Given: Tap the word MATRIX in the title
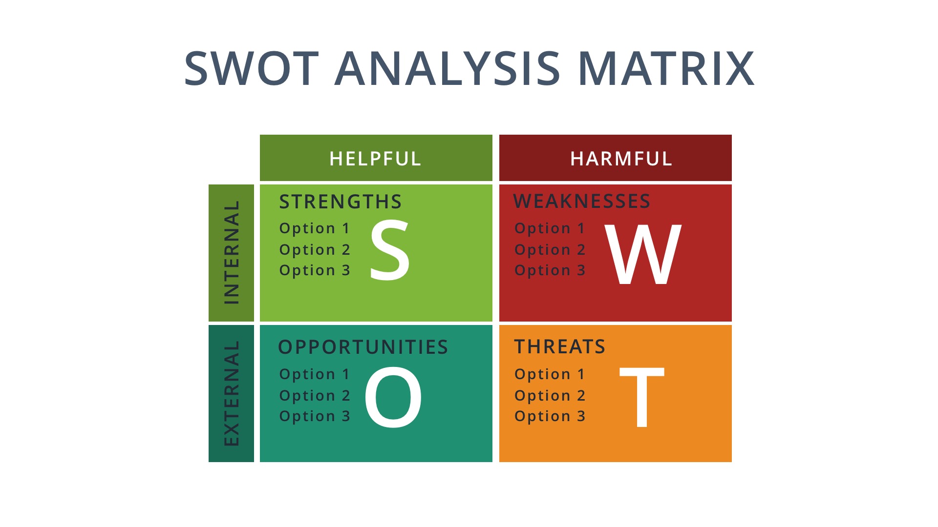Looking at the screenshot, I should (666, 69).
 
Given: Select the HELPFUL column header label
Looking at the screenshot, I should (375, 159).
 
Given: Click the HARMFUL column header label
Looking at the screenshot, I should (621, 159).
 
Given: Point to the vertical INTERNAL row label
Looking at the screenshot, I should (232, 252).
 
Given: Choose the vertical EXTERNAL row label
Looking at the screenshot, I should (232, 393).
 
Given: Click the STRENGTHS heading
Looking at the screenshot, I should (341, 202).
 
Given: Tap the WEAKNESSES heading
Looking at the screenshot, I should (582, 201).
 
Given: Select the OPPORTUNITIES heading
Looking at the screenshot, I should (363, 347).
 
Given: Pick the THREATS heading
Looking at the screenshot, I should (560, 346).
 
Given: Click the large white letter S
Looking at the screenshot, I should (389, 250).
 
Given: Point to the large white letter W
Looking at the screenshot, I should (642, 254).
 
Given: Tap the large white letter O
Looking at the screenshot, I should (393, 397).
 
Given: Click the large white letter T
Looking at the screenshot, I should (641, 397).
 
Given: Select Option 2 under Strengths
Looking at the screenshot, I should (315, 250).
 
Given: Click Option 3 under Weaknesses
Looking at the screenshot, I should (550, 270).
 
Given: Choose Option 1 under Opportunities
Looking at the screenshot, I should (315, 374).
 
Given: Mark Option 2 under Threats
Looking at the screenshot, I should (550, 396).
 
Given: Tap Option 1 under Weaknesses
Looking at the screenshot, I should (550, 228).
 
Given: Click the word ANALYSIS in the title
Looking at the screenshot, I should (448, 69).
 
